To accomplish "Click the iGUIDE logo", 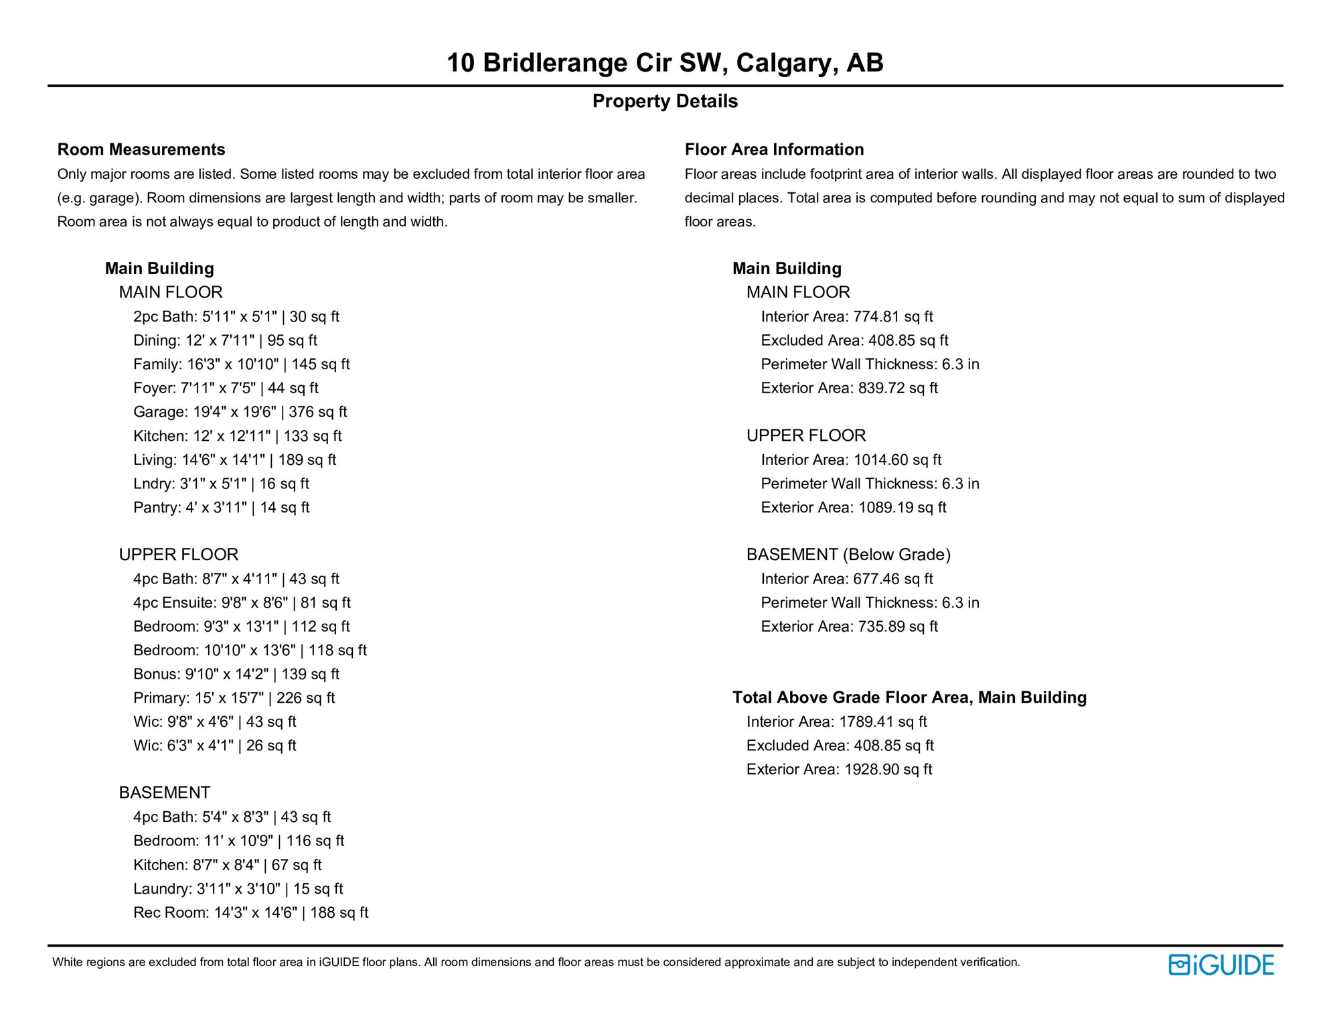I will tap(1221, 965).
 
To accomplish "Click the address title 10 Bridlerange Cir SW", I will tap(664, 63).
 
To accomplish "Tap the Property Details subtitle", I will tap(664, 101).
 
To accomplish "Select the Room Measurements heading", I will tap(141, 149).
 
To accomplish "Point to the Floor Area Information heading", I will tap(774, 149).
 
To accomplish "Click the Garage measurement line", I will tap(240, 412).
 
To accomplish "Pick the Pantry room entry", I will tap(221, 508).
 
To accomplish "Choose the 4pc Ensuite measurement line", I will tap(242, 603).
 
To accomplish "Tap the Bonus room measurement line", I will tap(236, 675).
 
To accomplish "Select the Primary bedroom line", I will tap(234, 698).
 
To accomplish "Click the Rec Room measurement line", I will tap(250, 913).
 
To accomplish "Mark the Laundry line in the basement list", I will tap(238, 889).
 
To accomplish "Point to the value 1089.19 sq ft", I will tap(902, 508).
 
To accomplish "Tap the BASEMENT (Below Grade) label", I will tap(848, 555).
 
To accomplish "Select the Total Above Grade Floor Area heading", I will tap(909, 698).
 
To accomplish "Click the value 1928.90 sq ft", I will tap(888, 770).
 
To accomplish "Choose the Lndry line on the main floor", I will tap(221, 484).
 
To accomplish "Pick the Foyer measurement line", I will tap(226, 389).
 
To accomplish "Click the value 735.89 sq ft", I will tap(897, 627).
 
